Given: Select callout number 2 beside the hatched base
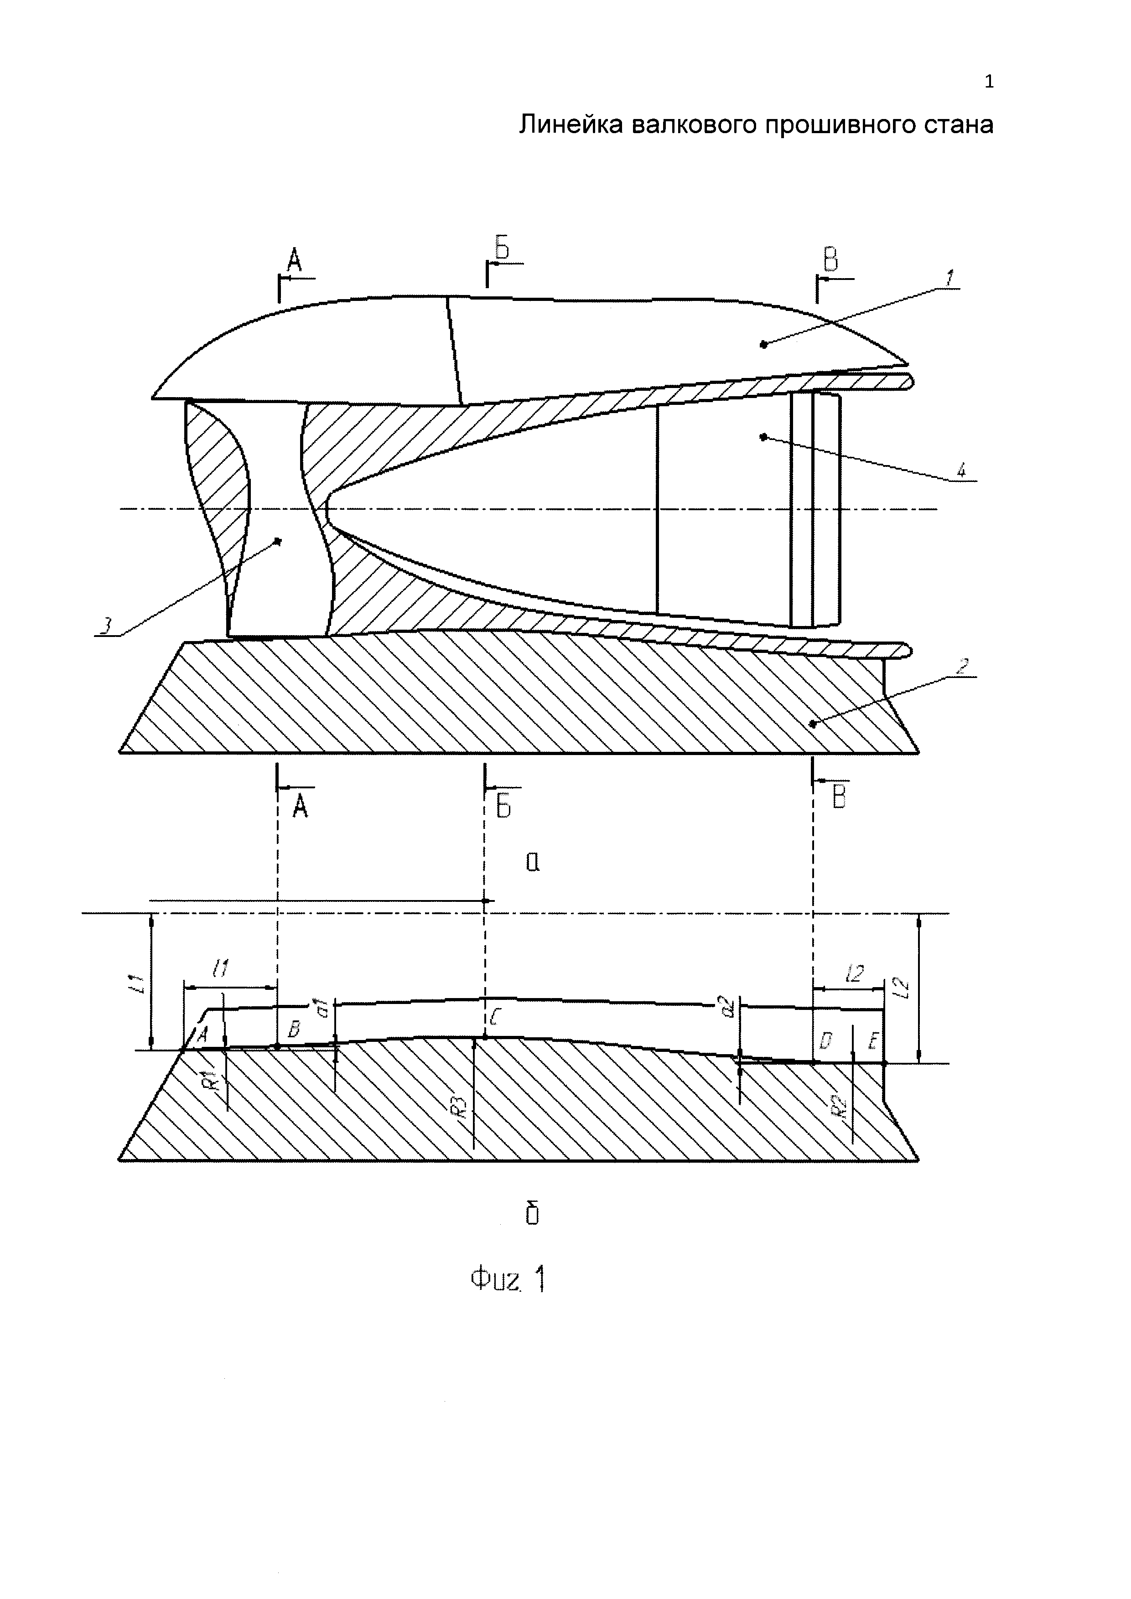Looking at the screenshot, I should point(962,666).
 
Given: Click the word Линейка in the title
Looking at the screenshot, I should point(571,125).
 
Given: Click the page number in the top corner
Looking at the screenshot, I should point(989,82).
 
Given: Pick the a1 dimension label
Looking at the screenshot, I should point(322,1006).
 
